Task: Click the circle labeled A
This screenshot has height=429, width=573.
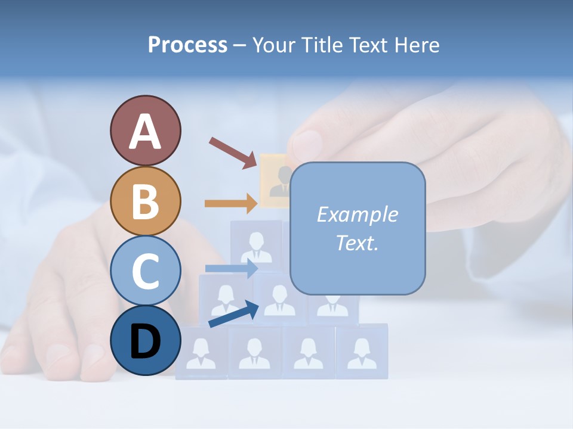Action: click(145, 130)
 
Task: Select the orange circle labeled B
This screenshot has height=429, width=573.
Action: click(145, 201)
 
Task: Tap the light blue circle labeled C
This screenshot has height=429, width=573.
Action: click(145, 271)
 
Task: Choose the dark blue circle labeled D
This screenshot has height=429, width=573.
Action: click(145, 340)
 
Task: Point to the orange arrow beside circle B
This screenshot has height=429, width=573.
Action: click(230, 203)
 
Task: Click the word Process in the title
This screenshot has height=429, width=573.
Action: click(187, 45)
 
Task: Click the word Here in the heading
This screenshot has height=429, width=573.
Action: click(418, 45)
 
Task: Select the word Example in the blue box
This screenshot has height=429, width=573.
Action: click(357, 214)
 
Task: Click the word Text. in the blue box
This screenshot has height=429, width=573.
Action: click(357, 243)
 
